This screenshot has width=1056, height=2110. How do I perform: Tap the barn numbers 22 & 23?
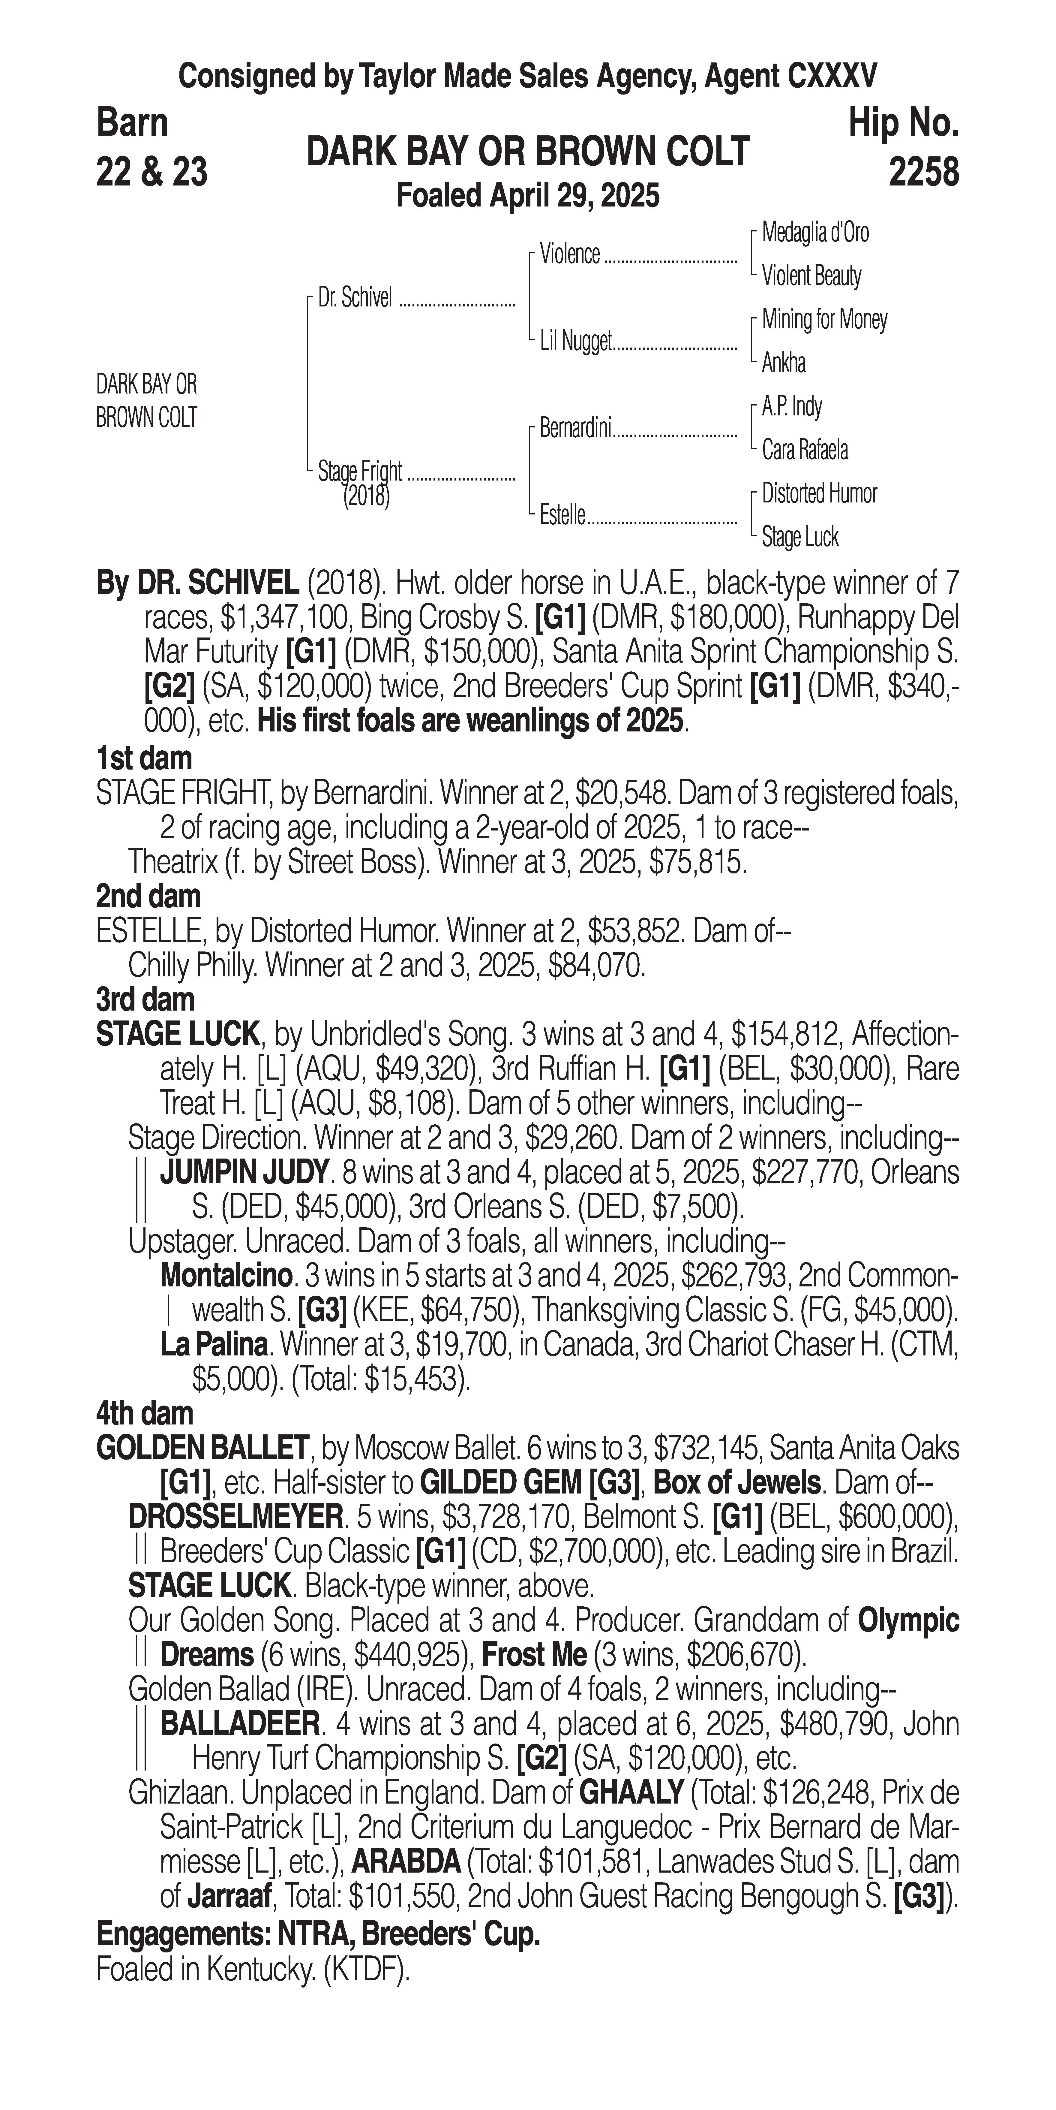(x=151, y=172)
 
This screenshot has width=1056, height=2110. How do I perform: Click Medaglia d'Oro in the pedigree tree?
(x=815, y=233)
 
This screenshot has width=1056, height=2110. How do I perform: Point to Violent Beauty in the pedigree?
(x=811, y=276)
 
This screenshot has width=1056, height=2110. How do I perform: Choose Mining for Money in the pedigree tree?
(x=824, y=319)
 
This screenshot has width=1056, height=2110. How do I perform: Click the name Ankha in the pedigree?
(x=783, y=363)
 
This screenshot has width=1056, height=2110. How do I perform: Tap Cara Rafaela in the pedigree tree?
(x=805, y=450)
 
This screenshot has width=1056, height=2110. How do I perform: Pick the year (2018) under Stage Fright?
(x=366, y=496)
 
